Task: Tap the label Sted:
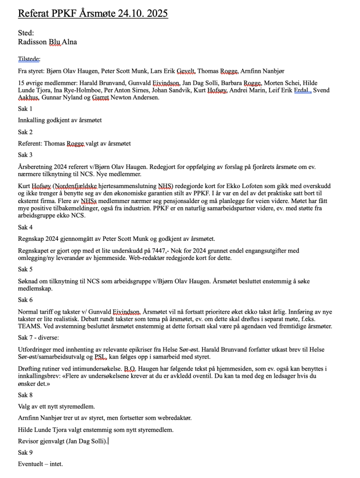(x=26, y=33)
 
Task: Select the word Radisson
(x=32, y=42)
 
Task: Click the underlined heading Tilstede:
(x=29, y=59)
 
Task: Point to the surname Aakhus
(x=28, y=98)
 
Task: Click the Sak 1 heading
(x=26, y=109)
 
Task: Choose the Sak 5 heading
(x=26, y=269)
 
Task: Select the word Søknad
(x=29, y=281)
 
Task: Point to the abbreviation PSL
(x=100, y=357)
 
